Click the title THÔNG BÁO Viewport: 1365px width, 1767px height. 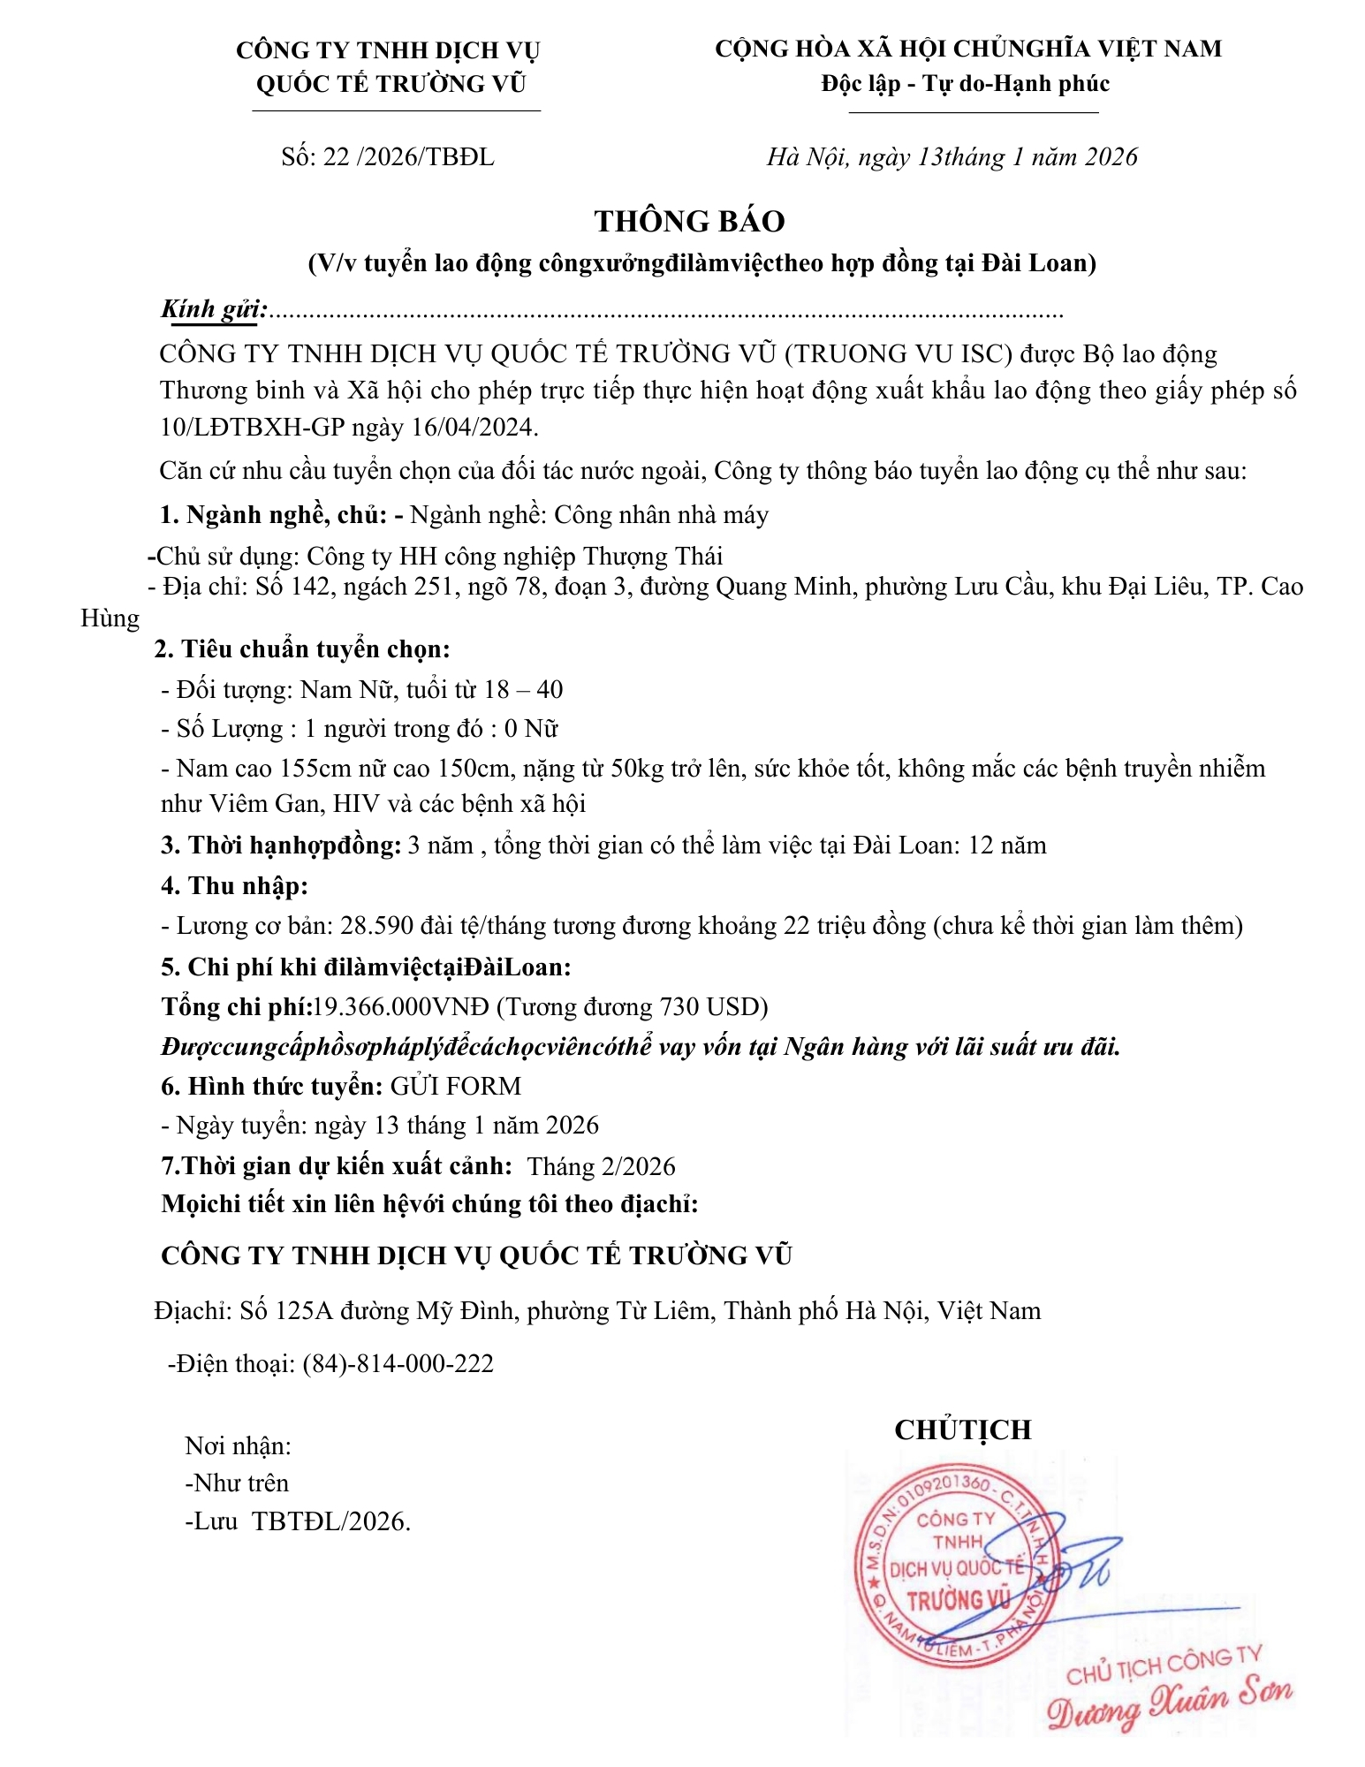(689, 221)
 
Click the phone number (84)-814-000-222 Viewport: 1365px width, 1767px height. (398, 1363)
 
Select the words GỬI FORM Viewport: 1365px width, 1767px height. (456, 1086)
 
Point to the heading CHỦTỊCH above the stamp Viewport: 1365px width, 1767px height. (962, 1430)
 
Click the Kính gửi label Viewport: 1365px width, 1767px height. (213, 309)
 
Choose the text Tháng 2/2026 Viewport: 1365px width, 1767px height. (601, 1166)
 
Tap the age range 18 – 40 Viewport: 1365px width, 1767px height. (524, 689)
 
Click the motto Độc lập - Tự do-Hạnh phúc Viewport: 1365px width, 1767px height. (965, 84)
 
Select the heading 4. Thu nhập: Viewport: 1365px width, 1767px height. (234, 885)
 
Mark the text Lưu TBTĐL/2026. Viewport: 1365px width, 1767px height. (298, 1521)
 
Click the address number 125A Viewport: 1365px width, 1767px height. (304, 1310)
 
